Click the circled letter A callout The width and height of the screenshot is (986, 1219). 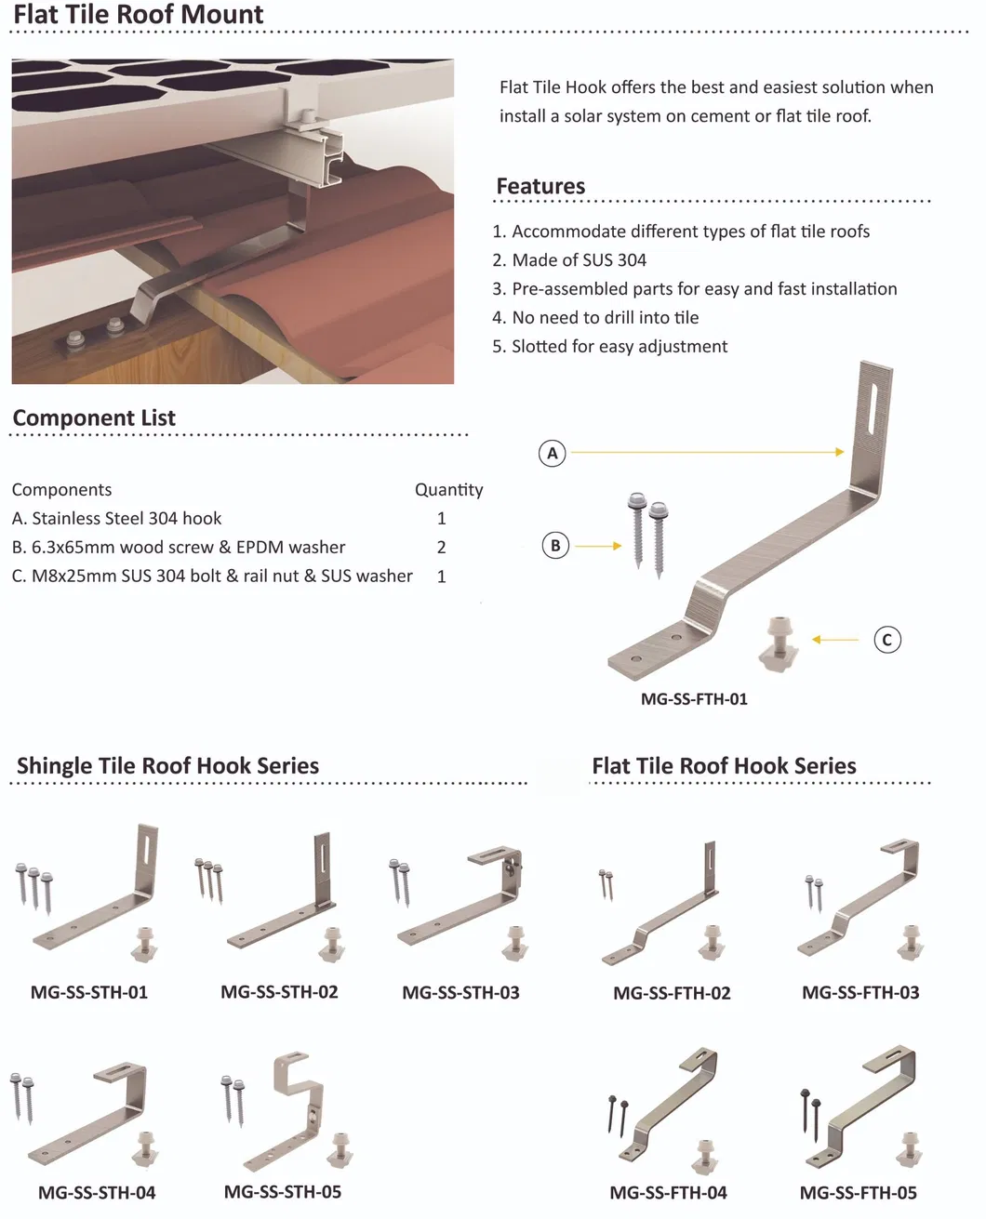point(553,453)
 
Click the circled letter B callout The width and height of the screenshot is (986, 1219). point(555,546)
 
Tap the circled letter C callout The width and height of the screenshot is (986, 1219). point(887,640)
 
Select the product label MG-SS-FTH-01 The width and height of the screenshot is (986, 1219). point(694,699)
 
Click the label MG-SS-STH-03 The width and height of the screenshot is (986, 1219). point(460,993)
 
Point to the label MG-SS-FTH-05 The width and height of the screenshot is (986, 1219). point(858,1193)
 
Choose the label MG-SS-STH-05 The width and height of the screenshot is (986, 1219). point(283,1192)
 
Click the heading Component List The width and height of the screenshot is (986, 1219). point(94,418)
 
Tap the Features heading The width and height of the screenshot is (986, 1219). point(540,186)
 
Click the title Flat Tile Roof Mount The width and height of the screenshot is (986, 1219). point(139,15)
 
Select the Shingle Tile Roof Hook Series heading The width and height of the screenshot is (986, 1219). point(167,766)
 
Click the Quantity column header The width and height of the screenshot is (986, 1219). point(448,490)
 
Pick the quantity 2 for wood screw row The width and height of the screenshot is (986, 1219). point(442,548)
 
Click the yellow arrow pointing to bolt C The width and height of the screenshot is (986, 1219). point(835,640)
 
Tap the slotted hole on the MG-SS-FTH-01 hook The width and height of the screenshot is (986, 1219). point(870,408)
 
